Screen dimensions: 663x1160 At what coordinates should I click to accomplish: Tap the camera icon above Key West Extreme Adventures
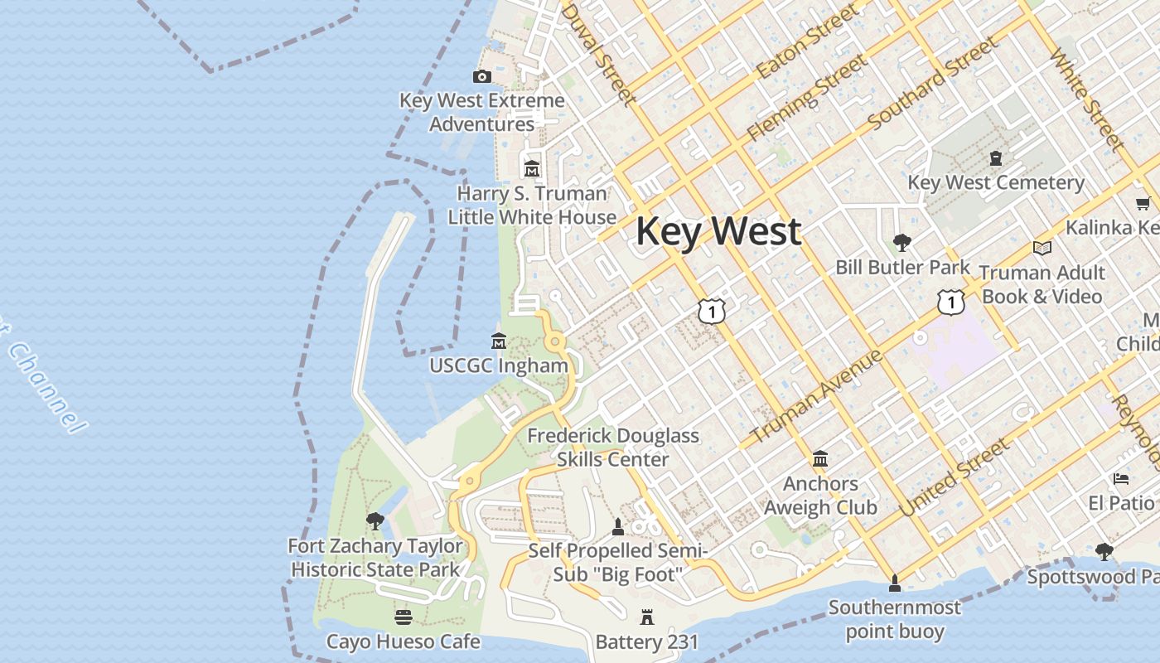coord(481,76)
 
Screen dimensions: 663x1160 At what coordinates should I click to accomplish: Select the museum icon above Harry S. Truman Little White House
coord(531,168)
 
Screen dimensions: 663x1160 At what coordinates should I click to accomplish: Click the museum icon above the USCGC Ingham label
coord(498,341)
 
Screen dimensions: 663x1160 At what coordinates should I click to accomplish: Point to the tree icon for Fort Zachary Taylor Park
coord(375,520)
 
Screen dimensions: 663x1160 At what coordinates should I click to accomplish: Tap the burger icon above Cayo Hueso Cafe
coord(403,617)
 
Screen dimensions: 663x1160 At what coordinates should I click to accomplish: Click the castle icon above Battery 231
coord(646,617)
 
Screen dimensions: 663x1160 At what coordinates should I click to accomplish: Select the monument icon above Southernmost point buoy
coord(894,583)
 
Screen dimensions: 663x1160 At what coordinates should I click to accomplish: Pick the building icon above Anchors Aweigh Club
coord(820,458)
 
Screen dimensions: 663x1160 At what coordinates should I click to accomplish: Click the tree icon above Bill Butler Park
coord(901,242)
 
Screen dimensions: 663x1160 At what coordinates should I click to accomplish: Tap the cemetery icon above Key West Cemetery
coord(995,157)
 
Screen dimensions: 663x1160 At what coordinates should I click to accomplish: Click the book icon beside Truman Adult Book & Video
coord(1042,248)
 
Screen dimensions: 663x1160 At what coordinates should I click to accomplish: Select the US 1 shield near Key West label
coord(711,311)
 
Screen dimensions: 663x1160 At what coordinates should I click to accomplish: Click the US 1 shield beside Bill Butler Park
coord(950,302)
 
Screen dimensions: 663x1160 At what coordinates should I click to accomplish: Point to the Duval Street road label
coord(599,54)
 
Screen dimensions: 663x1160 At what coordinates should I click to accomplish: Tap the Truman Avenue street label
coord(816,396)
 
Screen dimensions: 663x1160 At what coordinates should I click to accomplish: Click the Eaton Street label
coord(797,43)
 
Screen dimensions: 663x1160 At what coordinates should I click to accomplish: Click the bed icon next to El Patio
coord(1120,479)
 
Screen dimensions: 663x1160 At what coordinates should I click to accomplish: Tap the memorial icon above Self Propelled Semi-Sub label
coord(617,526)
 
